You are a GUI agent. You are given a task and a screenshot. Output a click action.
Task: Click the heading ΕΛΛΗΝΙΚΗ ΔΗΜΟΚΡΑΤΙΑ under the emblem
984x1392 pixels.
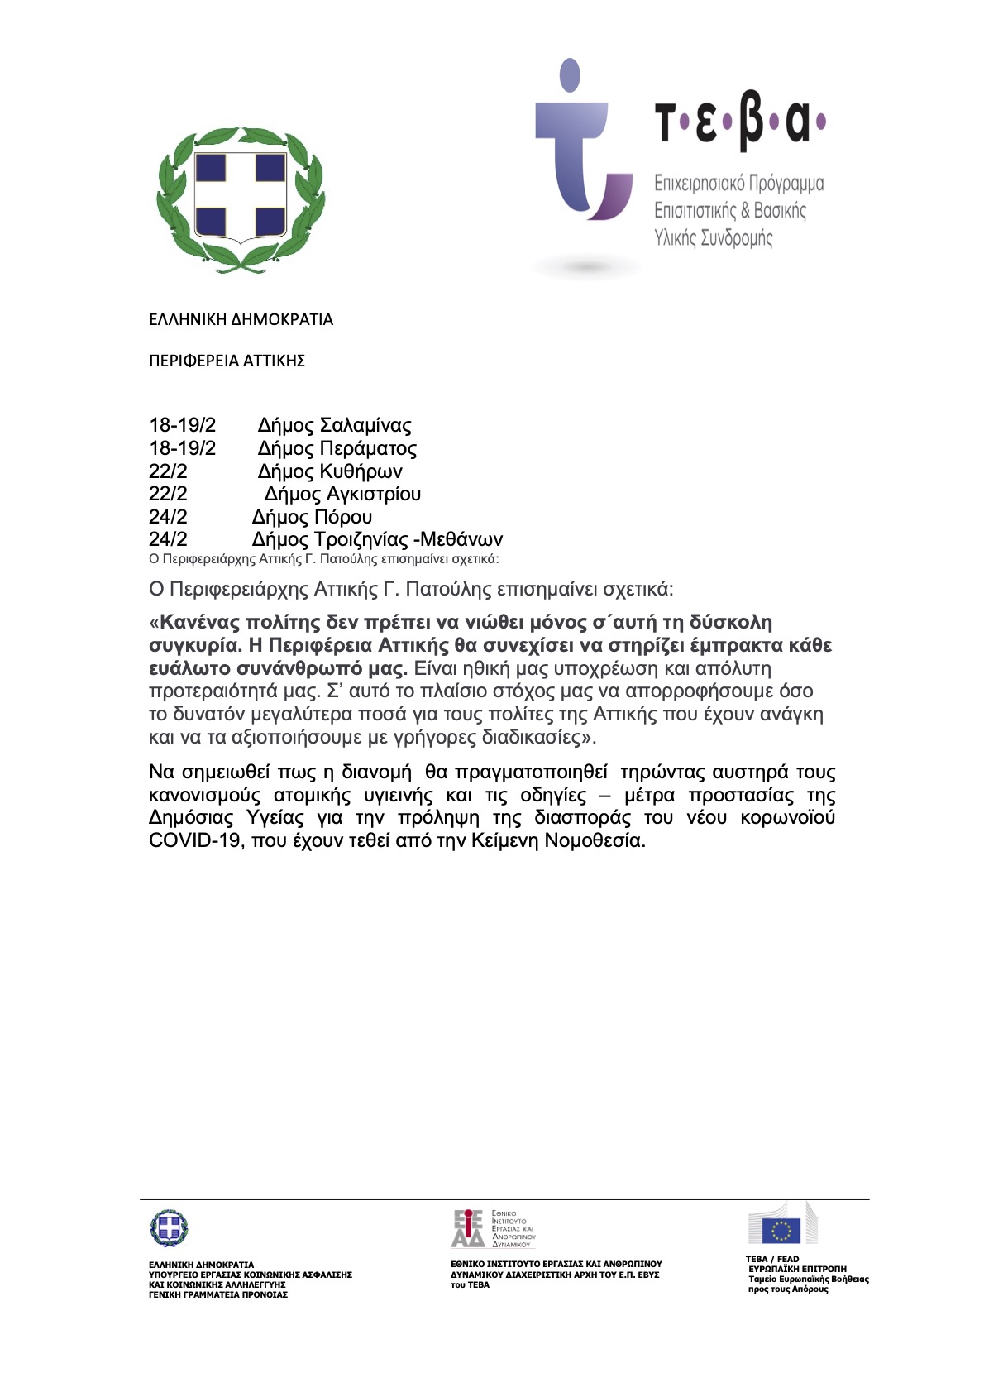[x=241, y=319]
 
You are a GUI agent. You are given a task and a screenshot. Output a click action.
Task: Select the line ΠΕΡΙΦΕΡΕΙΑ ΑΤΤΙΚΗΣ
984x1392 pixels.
[x=227, y=361]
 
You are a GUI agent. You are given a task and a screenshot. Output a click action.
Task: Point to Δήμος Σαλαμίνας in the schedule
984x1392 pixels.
[x=334, y=425]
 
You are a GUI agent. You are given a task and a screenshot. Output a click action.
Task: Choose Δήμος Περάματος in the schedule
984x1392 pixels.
[x=337, y=448]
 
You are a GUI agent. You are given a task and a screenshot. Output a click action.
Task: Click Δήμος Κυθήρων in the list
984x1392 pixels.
[x=329, y=471]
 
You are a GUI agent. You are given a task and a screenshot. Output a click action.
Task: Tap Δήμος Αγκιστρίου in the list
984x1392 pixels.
[x=342, y=494]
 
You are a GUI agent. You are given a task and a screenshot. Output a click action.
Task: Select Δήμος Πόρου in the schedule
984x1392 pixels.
[x=312, y=517]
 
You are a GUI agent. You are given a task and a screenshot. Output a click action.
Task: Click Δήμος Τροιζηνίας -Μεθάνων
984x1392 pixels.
[x=377, y=539]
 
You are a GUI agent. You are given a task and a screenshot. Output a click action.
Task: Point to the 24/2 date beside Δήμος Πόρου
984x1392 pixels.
[x=168, y=517]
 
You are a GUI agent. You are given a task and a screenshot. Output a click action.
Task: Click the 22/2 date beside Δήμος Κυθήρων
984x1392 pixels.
[x=168, y=471]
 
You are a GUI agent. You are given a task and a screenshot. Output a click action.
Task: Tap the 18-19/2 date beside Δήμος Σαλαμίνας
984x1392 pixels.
[x=182, y=425]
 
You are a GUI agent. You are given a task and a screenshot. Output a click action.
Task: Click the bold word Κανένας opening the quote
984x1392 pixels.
[x=199, y=622]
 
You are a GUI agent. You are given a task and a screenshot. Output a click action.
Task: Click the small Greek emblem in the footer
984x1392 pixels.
[x=169, y=1228]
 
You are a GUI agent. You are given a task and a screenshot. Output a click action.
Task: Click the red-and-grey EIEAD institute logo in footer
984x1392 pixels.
[x=468, y=1228]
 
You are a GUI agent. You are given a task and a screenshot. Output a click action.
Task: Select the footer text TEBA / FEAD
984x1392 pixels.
[x=772, y=1259]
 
